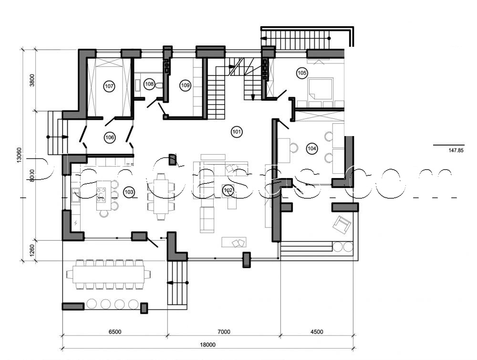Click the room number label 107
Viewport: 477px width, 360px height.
[x=109, y=86]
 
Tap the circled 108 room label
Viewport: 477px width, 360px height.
[x=149, y=85]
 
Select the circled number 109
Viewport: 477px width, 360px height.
[x=186, y=85]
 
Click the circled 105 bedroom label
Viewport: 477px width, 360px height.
[x=301, y=73]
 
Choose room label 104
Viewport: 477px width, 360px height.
[x=311, y=148]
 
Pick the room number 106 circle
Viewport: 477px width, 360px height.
[x=110, y=138]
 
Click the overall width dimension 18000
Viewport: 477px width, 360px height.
[x=208, y=345]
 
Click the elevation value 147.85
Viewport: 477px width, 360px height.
[x=456, y=150]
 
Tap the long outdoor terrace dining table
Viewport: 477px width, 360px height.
[x=108, y=274]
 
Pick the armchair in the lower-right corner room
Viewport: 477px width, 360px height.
[x=342, y=223]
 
